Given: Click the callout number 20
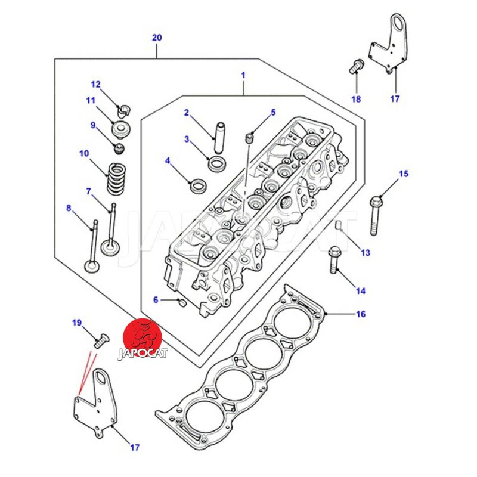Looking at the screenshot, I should click(157, 38).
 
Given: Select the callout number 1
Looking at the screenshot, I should click(243, 75).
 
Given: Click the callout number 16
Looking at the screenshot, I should click(360, 314).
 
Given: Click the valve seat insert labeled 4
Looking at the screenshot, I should click(196, 185).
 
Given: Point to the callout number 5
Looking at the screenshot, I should click(273, 113).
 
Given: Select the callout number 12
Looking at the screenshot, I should click(96, 84).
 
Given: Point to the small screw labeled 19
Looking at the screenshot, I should click(99, 342).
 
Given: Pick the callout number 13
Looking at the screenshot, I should click(365, 253).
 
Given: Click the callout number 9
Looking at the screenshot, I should click(93, 125).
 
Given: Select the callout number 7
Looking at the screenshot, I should click(89, 191).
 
